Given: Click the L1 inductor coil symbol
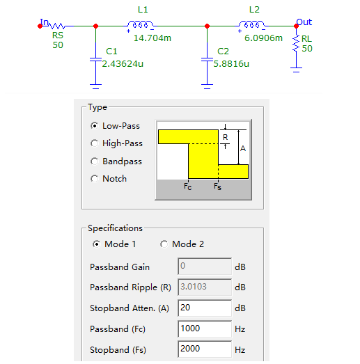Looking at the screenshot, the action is [141, 24].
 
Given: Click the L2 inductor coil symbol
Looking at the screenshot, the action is [252, 24].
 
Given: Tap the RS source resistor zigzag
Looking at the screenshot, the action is [56, 26].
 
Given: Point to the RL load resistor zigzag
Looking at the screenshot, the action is [296, 43].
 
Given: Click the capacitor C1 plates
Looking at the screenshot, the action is [95, 59].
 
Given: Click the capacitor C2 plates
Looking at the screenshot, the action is [208, 59].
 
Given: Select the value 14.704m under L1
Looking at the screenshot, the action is [152, 38].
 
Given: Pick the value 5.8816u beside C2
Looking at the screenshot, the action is [231, 63].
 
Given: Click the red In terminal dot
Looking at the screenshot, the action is [40, 26].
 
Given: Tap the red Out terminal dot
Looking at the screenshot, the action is [296, 26].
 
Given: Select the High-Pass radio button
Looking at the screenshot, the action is [94, 143].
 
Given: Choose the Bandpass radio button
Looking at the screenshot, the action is [94, 161].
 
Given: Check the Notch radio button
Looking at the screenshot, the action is [94, 179].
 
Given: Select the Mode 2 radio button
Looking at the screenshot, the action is [164, 244].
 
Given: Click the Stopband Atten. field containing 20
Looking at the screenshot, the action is [205, 308].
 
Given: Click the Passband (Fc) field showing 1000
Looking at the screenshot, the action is [205, 329].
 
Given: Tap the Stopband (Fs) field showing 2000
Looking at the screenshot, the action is [205, 349].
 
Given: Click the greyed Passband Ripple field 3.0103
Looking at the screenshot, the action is [205, 287].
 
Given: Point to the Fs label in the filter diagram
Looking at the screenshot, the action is [218, 187].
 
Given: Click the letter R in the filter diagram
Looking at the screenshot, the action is [226, 137].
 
